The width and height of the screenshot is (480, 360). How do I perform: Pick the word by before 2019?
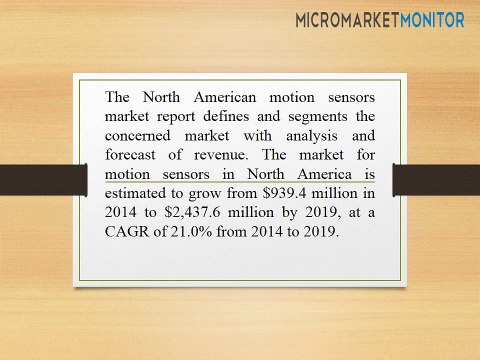[x=288, y=212]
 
